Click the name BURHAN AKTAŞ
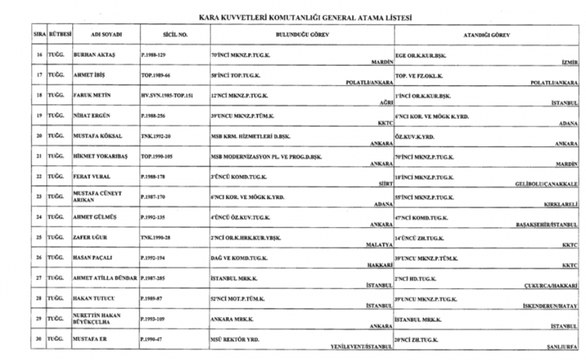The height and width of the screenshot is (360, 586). pos(94,55)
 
